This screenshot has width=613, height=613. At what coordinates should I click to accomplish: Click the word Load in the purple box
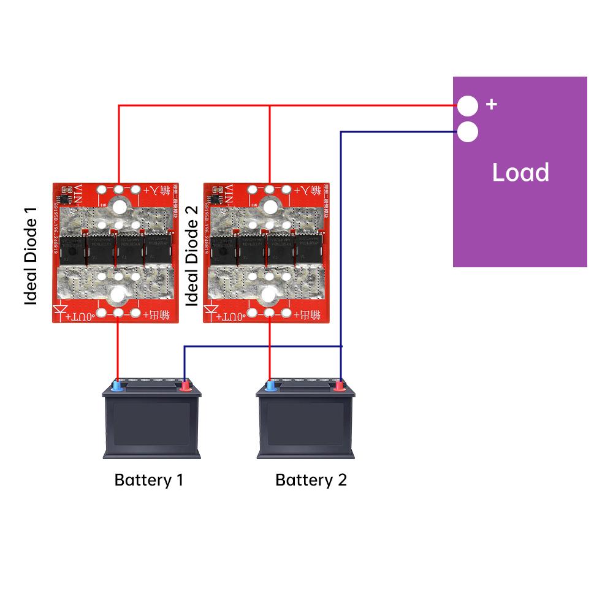520,173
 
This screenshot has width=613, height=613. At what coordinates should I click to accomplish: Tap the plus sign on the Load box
491,104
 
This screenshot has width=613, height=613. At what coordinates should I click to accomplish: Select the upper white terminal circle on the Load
468,106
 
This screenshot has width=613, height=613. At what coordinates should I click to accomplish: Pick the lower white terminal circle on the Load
468,132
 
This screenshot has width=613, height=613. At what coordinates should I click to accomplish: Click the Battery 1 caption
148,479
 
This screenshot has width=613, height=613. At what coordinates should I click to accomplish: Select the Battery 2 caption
311,479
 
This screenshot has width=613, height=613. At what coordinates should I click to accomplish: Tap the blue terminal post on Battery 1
117,386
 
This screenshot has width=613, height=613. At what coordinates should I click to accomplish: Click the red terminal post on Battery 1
185,386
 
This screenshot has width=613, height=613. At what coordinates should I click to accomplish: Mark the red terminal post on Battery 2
338,386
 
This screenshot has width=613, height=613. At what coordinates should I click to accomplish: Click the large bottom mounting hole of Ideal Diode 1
117,296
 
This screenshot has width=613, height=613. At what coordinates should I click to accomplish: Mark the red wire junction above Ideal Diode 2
270,106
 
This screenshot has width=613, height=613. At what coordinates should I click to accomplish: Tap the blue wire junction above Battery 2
341,347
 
